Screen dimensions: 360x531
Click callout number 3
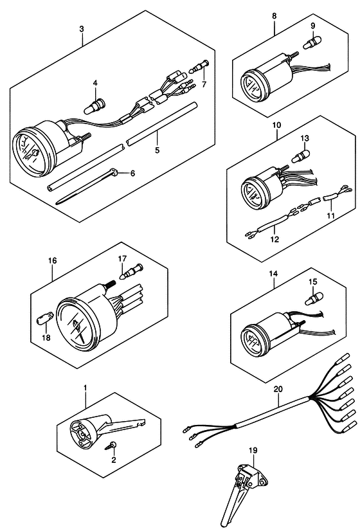[x=82, y=29]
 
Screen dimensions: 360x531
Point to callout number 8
[x=274, y=15]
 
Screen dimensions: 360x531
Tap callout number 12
[x=274, y=239]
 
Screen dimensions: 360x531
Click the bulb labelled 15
[x=314, y=299]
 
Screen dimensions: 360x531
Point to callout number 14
[x=273, y=274]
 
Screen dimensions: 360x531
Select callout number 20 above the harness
[x=278, y=390]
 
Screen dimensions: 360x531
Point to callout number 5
[x=157, y=150]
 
